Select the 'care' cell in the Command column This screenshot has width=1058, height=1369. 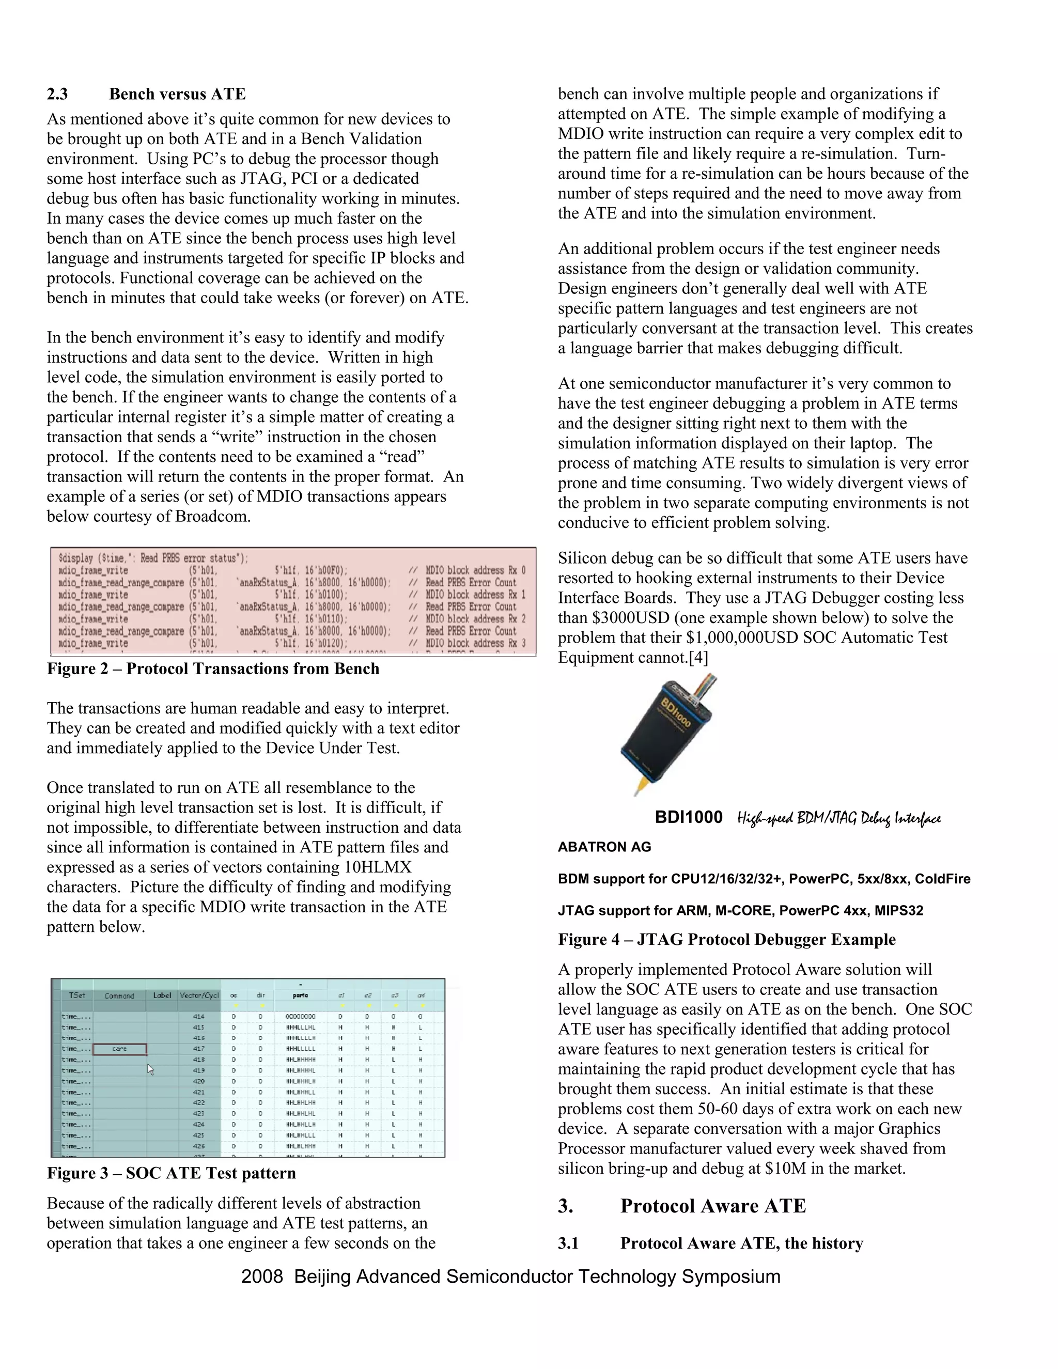click(120, 1049)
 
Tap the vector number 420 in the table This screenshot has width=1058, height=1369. click(199, 1081)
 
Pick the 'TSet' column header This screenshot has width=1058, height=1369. click(76, 995)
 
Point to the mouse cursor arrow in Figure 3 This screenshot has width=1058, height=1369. click(150, 1069)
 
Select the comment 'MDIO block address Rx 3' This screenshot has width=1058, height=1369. click(476, 644)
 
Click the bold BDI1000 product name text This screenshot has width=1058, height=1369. click(688, 817)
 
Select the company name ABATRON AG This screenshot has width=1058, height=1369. click(604, 847)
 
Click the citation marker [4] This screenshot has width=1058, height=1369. click(698, 658)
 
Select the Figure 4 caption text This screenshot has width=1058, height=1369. click(726, 940)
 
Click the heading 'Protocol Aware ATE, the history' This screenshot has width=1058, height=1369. click(741, 1243)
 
